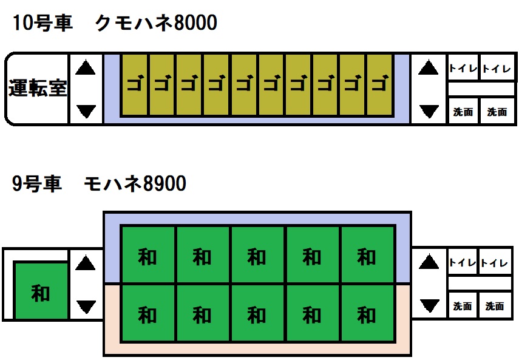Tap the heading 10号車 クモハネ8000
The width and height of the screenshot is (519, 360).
(x=114, y=24)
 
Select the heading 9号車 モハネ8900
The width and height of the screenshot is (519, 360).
(x=99, y=183)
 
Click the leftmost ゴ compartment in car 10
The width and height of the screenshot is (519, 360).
(x=134, y=85)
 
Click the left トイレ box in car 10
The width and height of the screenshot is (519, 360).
(x=463, y=69)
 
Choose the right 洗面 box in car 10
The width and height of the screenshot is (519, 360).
(x=497, y=112)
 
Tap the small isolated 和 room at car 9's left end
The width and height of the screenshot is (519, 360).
(x=41, y=292)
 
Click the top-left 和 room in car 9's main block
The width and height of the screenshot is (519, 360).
(x=148, y=256)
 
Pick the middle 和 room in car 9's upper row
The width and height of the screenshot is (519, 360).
(x=257, y=256)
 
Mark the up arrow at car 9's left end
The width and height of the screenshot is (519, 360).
(x=86, y=263)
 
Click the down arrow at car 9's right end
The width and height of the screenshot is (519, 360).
(x=429, y=305)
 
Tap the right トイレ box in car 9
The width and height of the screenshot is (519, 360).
(x=494, y=263)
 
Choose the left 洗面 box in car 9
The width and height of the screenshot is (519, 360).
(x=463, y=306)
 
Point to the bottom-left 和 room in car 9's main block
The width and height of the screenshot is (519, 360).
(x=148, y=314)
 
